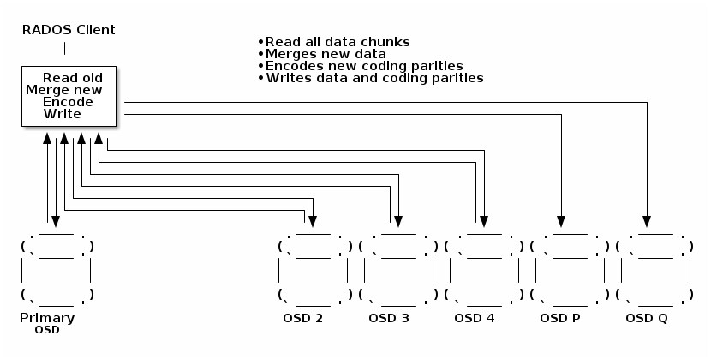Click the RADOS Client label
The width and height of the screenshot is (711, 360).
pyautogui.click(x=69, y=30)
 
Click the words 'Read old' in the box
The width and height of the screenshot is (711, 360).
pyautogui.click(x=72, y=77)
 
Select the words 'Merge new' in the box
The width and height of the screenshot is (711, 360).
pyautogui.click(x=64, y=89)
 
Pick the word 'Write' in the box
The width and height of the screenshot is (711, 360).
pyautogui.click(x=62, y=113)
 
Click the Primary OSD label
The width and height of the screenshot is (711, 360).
pyautogui.click(x=47, y=322)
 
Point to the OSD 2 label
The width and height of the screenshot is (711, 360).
pyautogui.click(x=302, y=319)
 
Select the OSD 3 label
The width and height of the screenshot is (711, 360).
pyautogui.click(x=389, y=319)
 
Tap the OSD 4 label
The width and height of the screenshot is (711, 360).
pyautogui.click(x=475, y=319)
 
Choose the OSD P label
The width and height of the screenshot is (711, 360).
pyautogui.click(x=560, y=319)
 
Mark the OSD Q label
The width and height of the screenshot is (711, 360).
pyautogui.click(x=647, y=319)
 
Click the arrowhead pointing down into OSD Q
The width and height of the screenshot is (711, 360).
pyautogui.click(x=647, y=216)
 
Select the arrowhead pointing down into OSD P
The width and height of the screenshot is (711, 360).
pyautogui.click(x=561, y=216)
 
